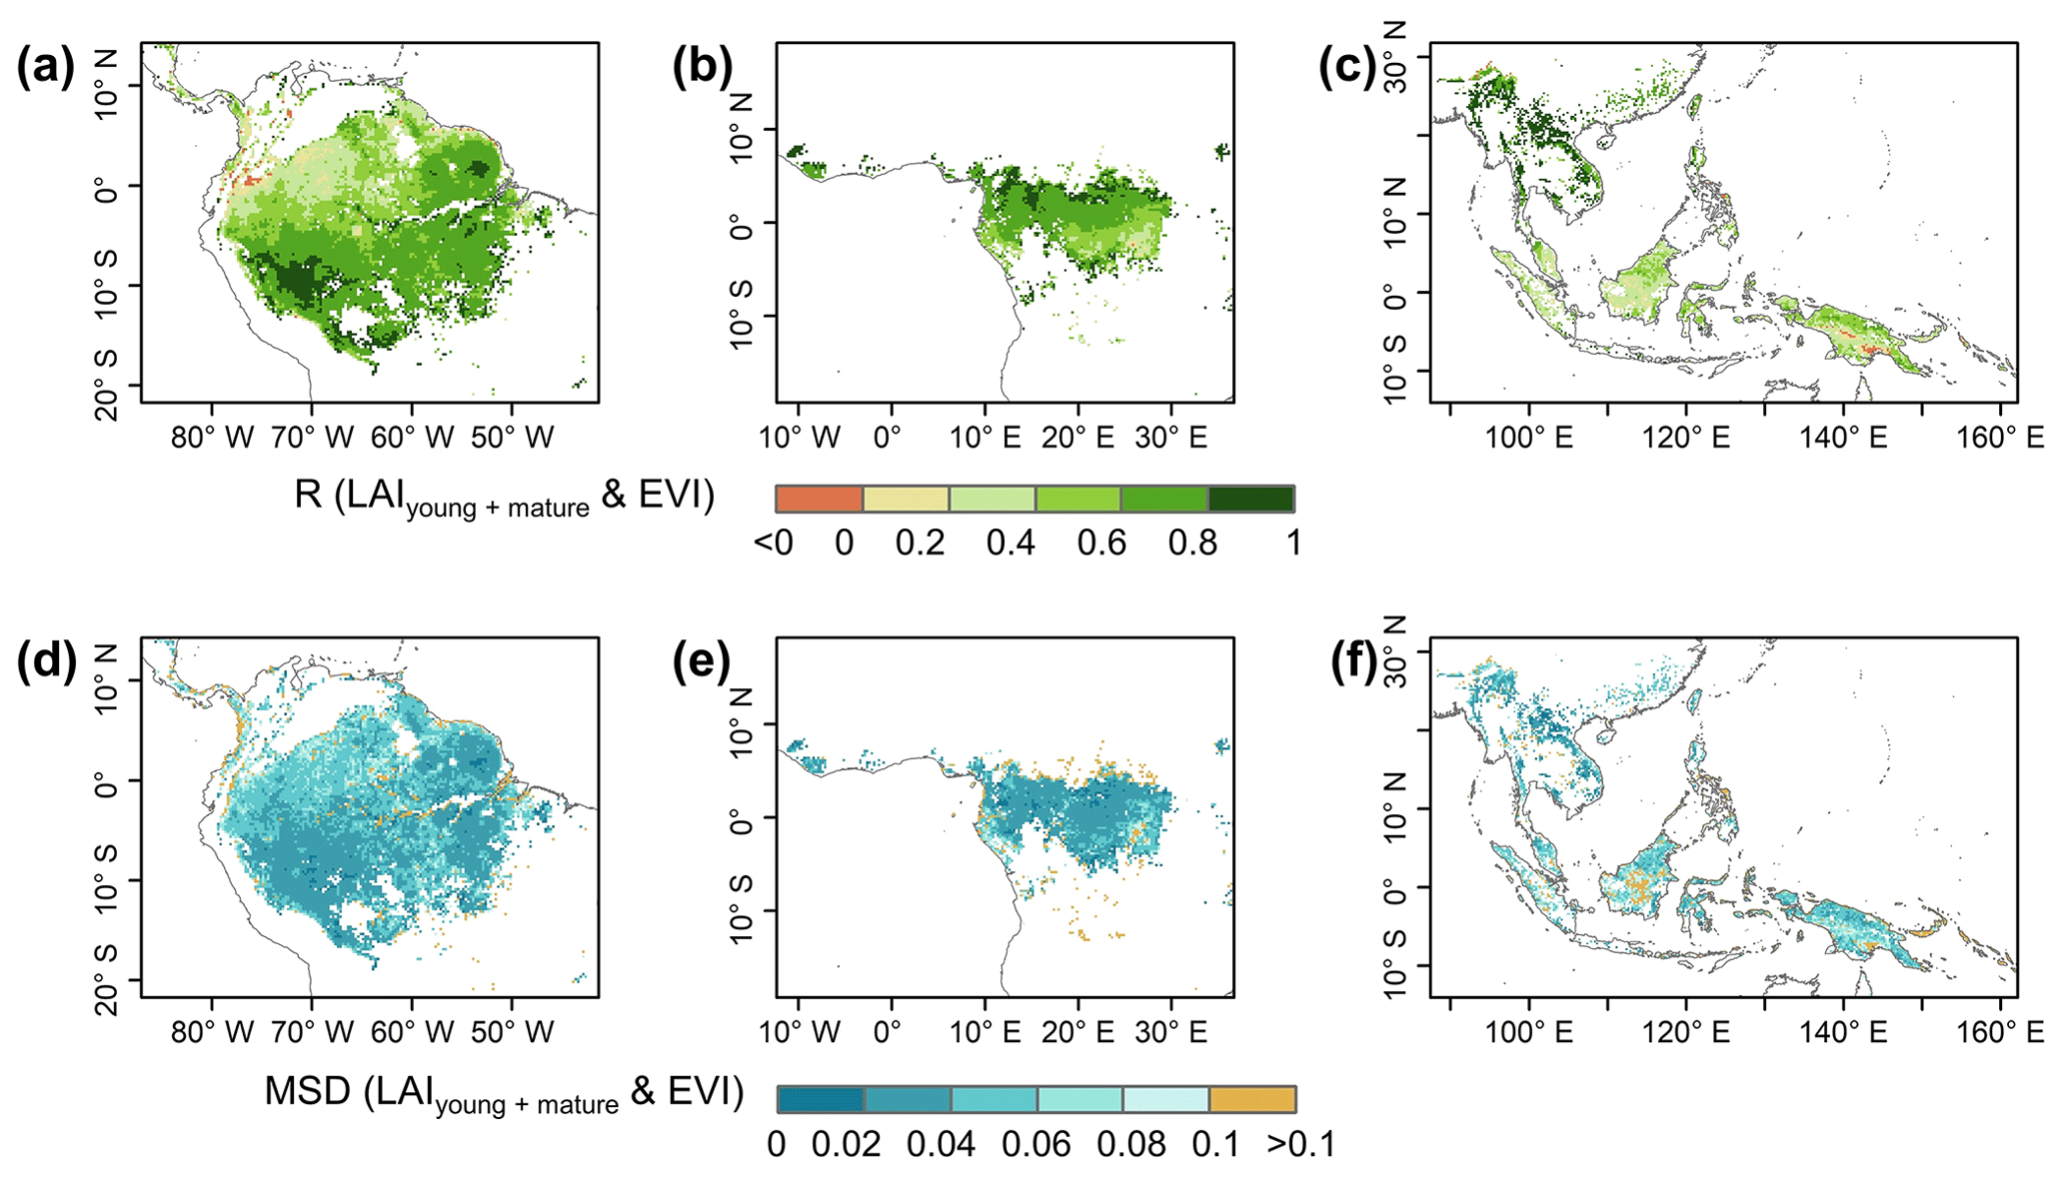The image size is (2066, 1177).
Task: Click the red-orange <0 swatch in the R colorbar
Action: click(x=819, y=499)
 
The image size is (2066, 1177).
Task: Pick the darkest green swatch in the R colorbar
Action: click(x=1251, y=499)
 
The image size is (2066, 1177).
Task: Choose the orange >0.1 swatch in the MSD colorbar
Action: click(x=1252, y=1099)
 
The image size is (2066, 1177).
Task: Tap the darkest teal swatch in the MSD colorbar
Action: click(x=820, y=1099)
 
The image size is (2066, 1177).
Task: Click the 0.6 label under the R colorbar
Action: click(x=1101, y=544)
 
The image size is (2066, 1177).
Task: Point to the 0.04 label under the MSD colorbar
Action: click(x=941, y=1144)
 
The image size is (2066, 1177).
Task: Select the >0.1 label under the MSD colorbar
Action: click(x=1300, y=1144)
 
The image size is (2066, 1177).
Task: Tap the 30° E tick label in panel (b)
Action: click(x=1170, y=438)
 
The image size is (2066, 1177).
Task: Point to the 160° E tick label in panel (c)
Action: click(x=2001, y=438)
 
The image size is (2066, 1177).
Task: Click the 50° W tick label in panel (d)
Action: click(x=512, y=1032)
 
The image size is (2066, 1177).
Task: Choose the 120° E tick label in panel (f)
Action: click(x=1687, y=1032)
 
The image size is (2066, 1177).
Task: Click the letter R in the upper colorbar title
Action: click(x=307, y=495)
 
